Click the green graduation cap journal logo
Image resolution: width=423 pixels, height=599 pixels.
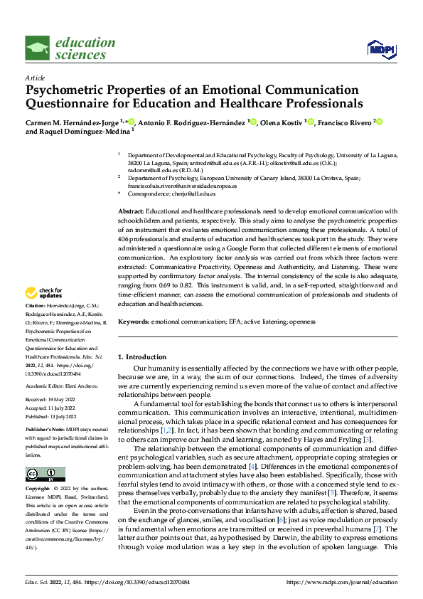(38, 48)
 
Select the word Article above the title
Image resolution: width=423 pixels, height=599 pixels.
(34, 77)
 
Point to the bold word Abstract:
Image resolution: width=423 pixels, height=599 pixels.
(131, 212)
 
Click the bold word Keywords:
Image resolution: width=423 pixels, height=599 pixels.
(133, 322)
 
